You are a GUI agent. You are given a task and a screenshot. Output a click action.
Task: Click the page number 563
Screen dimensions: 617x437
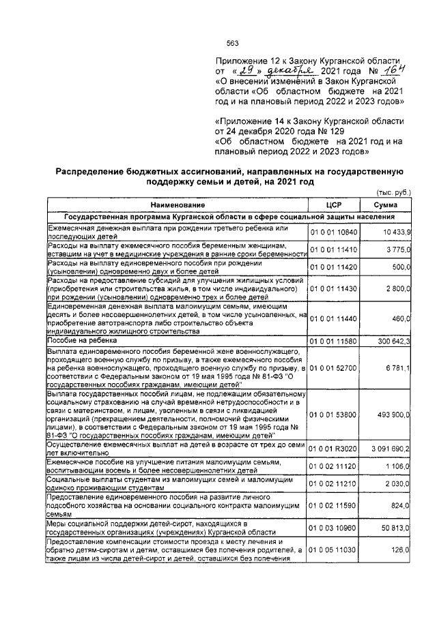pyautogui.click(x=231, y=43)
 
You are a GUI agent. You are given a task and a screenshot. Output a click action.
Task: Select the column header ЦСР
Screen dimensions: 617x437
pyautogui.click(x=333, y=205)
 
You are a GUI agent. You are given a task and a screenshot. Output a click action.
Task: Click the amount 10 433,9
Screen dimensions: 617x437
pyautogui.click(x=391, y=232)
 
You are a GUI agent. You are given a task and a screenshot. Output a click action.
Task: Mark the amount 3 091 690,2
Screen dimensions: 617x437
pyautogui.click(x=387, y=449)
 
